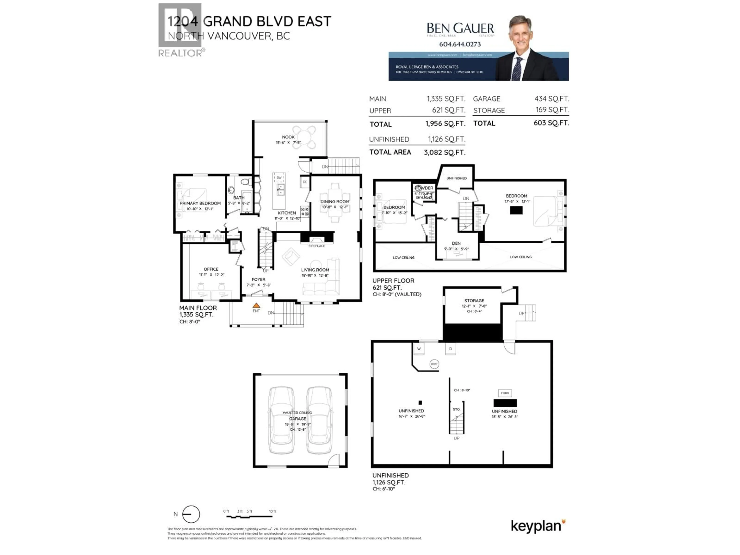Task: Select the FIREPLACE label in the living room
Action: (316, 246)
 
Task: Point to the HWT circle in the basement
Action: (434, 364)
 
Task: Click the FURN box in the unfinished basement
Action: (505, 393)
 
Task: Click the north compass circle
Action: (191, 514)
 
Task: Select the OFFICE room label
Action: (211, 269)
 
